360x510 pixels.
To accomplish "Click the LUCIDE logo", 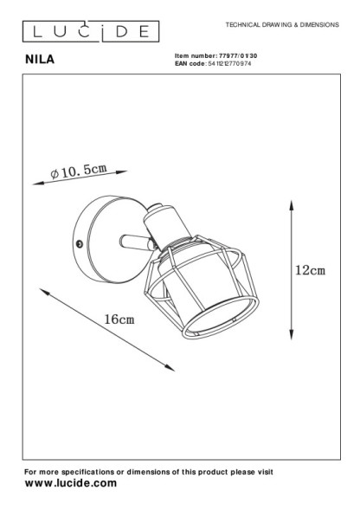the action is [x=91, y=31].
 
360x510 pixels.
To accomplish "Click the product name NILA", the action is [x=40, y=59].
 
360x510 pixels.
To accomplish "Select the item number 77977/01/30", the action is [x=238, y=56].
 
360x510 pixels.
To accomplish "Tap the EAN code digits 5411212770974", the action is [x=229, y=63].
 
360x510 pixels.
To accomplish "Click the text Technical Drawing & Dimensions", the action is [x=282, y=25].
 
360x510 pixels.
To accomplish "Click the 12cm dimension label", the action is [x=310, y=270].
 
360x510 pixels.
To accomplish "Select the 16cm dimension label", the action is [x=119, y=320].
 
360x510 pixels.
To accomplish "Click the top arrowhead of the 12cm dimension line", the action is [x=292, y=205].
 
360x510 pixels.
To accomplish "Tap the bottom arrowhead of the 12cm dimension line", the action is [x=292, y=335].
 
